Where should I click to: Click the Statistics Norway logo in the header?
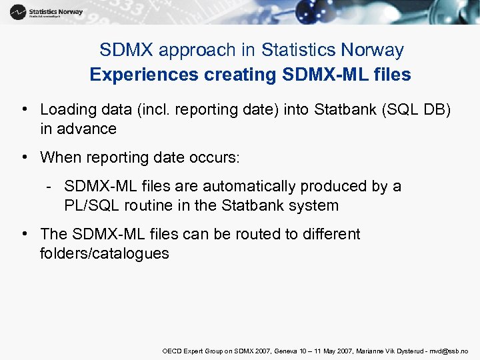(47, 12)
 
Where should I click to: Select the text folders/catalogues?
(105, 253)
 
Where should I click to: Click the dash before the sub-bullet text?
(50, 187)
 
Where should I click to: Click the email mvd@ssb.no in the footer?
(450, 351)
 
